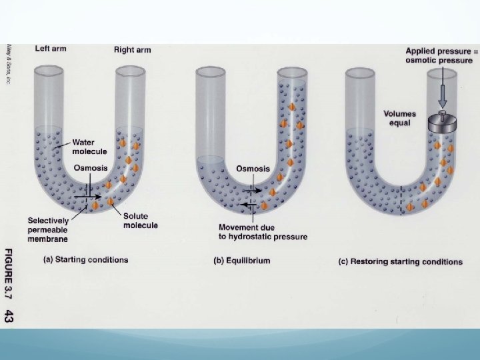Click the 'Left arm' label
point(50,49)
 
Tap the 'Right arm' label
point(133,50)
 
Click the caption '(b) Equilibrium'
point(241,260)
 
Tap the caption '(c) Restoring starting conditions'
point(400,261)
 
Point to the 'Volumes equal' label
point(399,119)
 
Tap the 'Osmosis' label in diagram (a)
point(90,168)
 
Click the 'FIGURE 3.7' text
point(9,273)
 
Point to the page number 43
point(9,316)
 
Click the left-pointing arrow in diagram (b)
point(250,206)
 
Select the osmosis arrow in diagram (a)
point(87,197)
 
